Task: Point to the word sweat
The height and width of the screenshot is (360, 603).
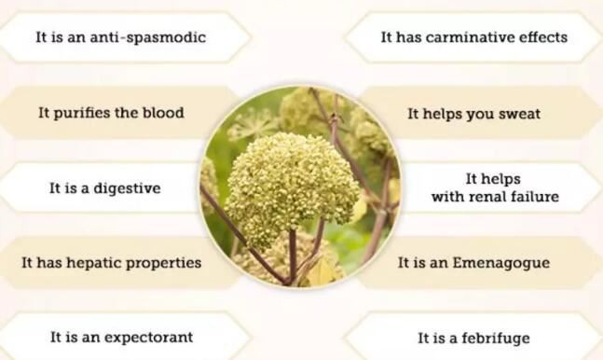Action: tap(519, 114)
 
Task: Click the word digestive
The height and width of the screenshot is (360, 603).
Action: tap(127, 188)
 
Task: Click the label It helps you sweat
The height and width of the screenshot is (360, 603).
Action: tap(473, 114)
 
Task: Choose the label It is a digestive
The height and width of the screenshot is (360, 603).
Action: tap(104, 188)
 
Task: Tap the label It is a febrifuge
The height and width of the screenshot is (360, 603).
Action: tap(475, 338)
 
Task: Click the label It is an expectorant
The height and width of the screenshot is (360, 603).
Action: tap(121, 337)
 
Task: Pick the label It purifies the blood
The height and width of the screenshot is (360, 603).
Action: tap(111, 113)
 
